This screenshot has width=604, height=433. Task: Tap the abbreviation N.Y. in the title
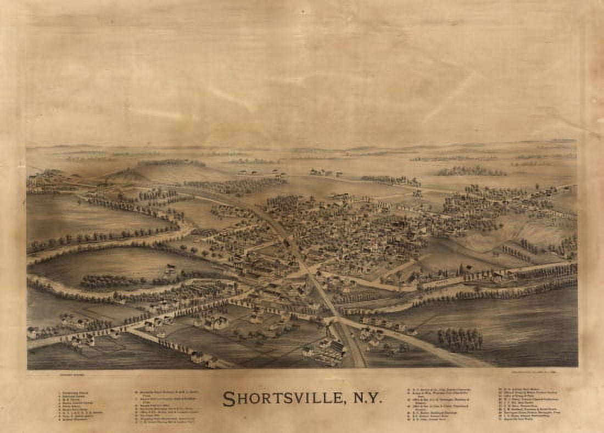[366, 398]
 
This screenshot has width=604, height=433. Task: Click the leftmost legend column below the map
[80, 406]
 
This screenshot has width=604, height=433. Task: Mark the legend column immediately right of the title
[439, 404]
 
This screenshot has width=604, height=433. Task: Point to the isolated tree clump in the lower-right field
[460, 340]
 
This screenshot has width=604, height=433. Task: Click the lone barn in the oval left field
[171, 269]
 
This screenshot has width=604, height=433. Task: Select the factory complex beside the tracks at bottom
[328, 351]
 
